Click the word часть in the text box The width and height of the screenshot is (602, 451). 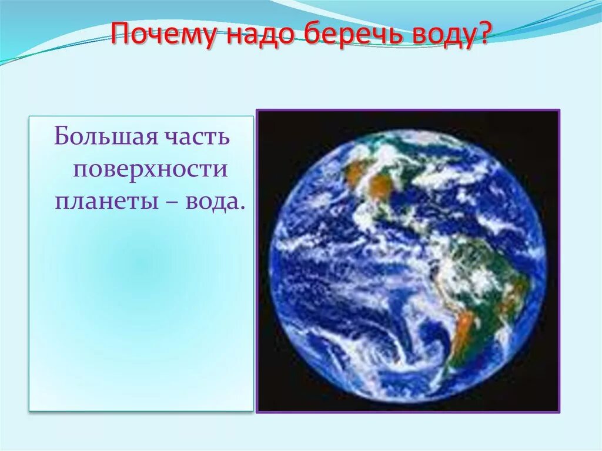click(198, 139)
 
